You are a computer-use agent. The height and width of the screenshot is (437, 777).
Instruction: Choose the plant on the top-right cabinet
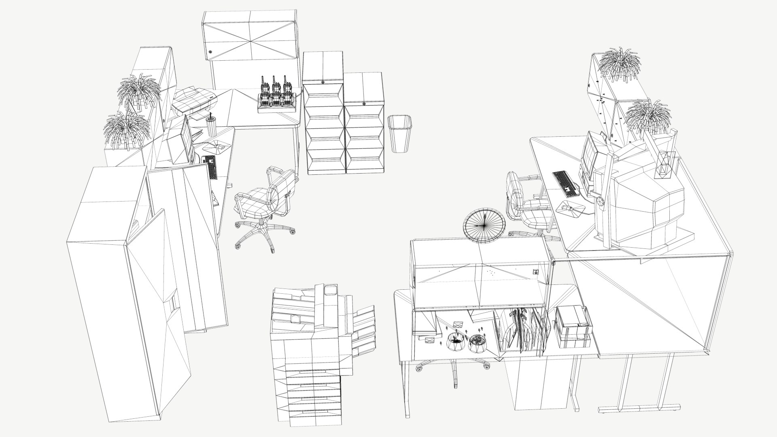[619, 65]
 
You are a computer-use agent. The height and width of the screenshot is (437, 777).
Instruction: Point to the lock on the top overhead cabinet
[211, 52]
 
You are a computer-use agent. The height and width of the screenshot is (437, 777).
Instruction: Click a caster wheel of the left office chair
[238, 245]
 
